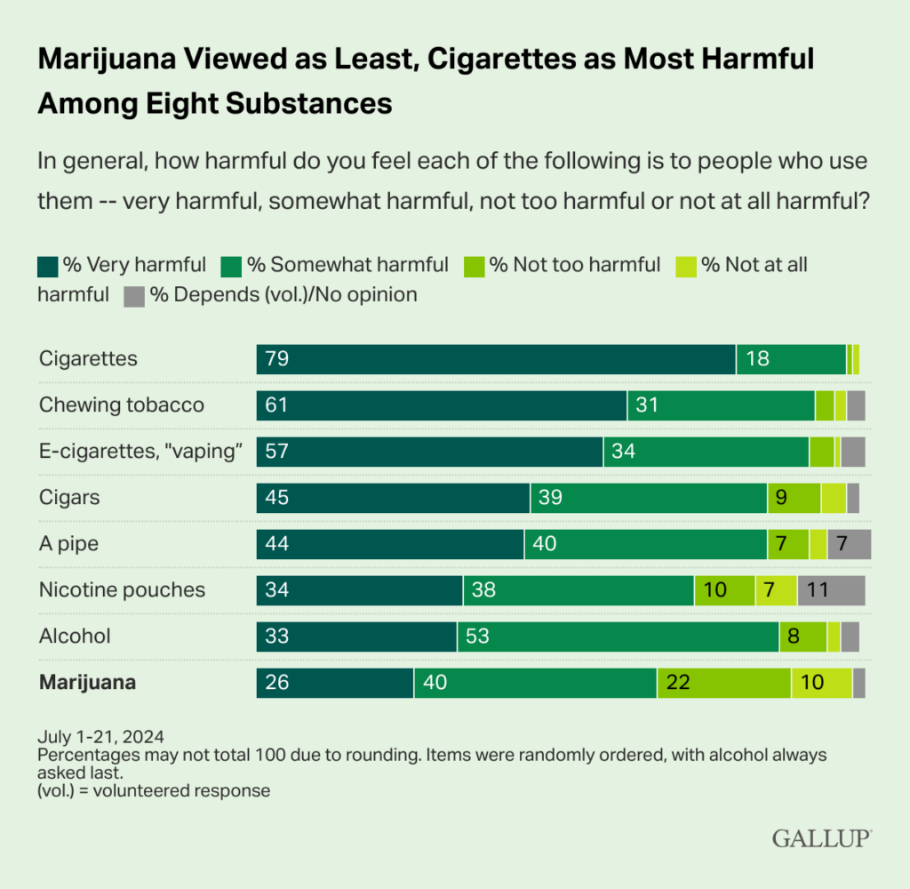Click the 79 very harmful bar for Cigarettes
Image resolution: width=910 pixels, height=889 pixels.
[496, 359]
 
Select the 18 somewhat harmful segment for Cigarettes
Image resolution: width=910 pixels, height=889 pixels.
[791, 359]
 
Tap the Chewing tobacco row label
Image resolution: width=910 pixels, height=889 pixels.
[122, 405]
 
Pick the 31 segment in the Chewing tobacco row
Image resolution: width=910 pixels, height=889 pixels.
[721, 405]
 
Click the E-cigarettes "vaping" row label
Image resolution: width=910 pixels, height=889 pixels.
[141, 452]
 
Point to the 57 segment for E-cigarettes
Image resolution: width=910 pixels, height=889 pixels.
[429, 452]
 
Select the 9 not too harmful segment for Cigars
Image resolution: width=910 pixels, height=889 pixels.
[794, 498]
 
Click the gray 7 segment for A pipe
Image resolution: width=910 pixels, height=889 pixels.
[849, 544]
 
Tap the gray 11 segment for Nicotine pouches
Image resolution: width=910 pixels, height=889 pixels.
[831, 590]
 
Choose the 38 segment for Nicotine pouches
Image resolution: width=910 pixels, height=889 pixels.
[579, 590]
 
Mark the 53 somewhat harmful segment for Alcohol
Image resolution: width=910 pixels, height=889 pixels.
[618, 637]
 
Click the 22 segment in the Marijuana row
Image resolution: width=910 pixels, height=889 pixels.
[723, 683]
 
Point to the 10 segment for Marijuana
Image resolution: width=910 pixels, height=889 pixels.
[821, 683]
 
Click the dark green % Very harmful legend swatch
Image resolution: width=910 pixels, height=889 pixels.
[48, 266]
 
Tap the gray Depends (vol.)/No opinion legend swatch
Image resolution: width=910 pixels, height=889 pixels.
[133, 295]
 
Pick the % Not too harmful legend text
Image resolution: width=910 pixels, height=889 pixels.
[575, 265]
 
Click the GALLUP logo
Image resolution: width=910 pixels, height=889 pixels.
[821, 837]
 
